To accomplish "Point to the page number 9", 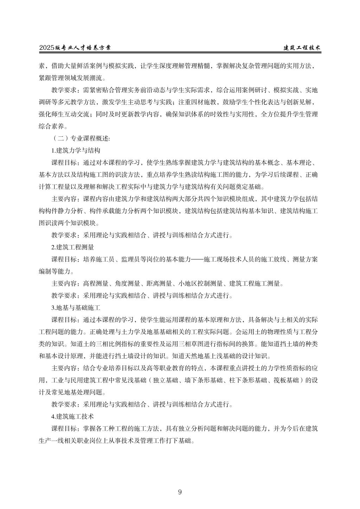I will (x=180, y=492).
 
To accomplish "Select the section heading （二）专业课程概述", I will (x=81, y=138).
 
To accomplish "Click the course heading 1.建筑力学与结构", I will (x=76, y=150).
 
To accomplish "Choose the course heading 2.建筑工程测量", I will (x=73, y=247).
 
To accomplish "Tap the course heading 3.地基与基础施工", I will (x=76, y=308).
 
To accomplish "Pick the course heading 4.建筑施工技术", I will (x=73, y=416).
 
